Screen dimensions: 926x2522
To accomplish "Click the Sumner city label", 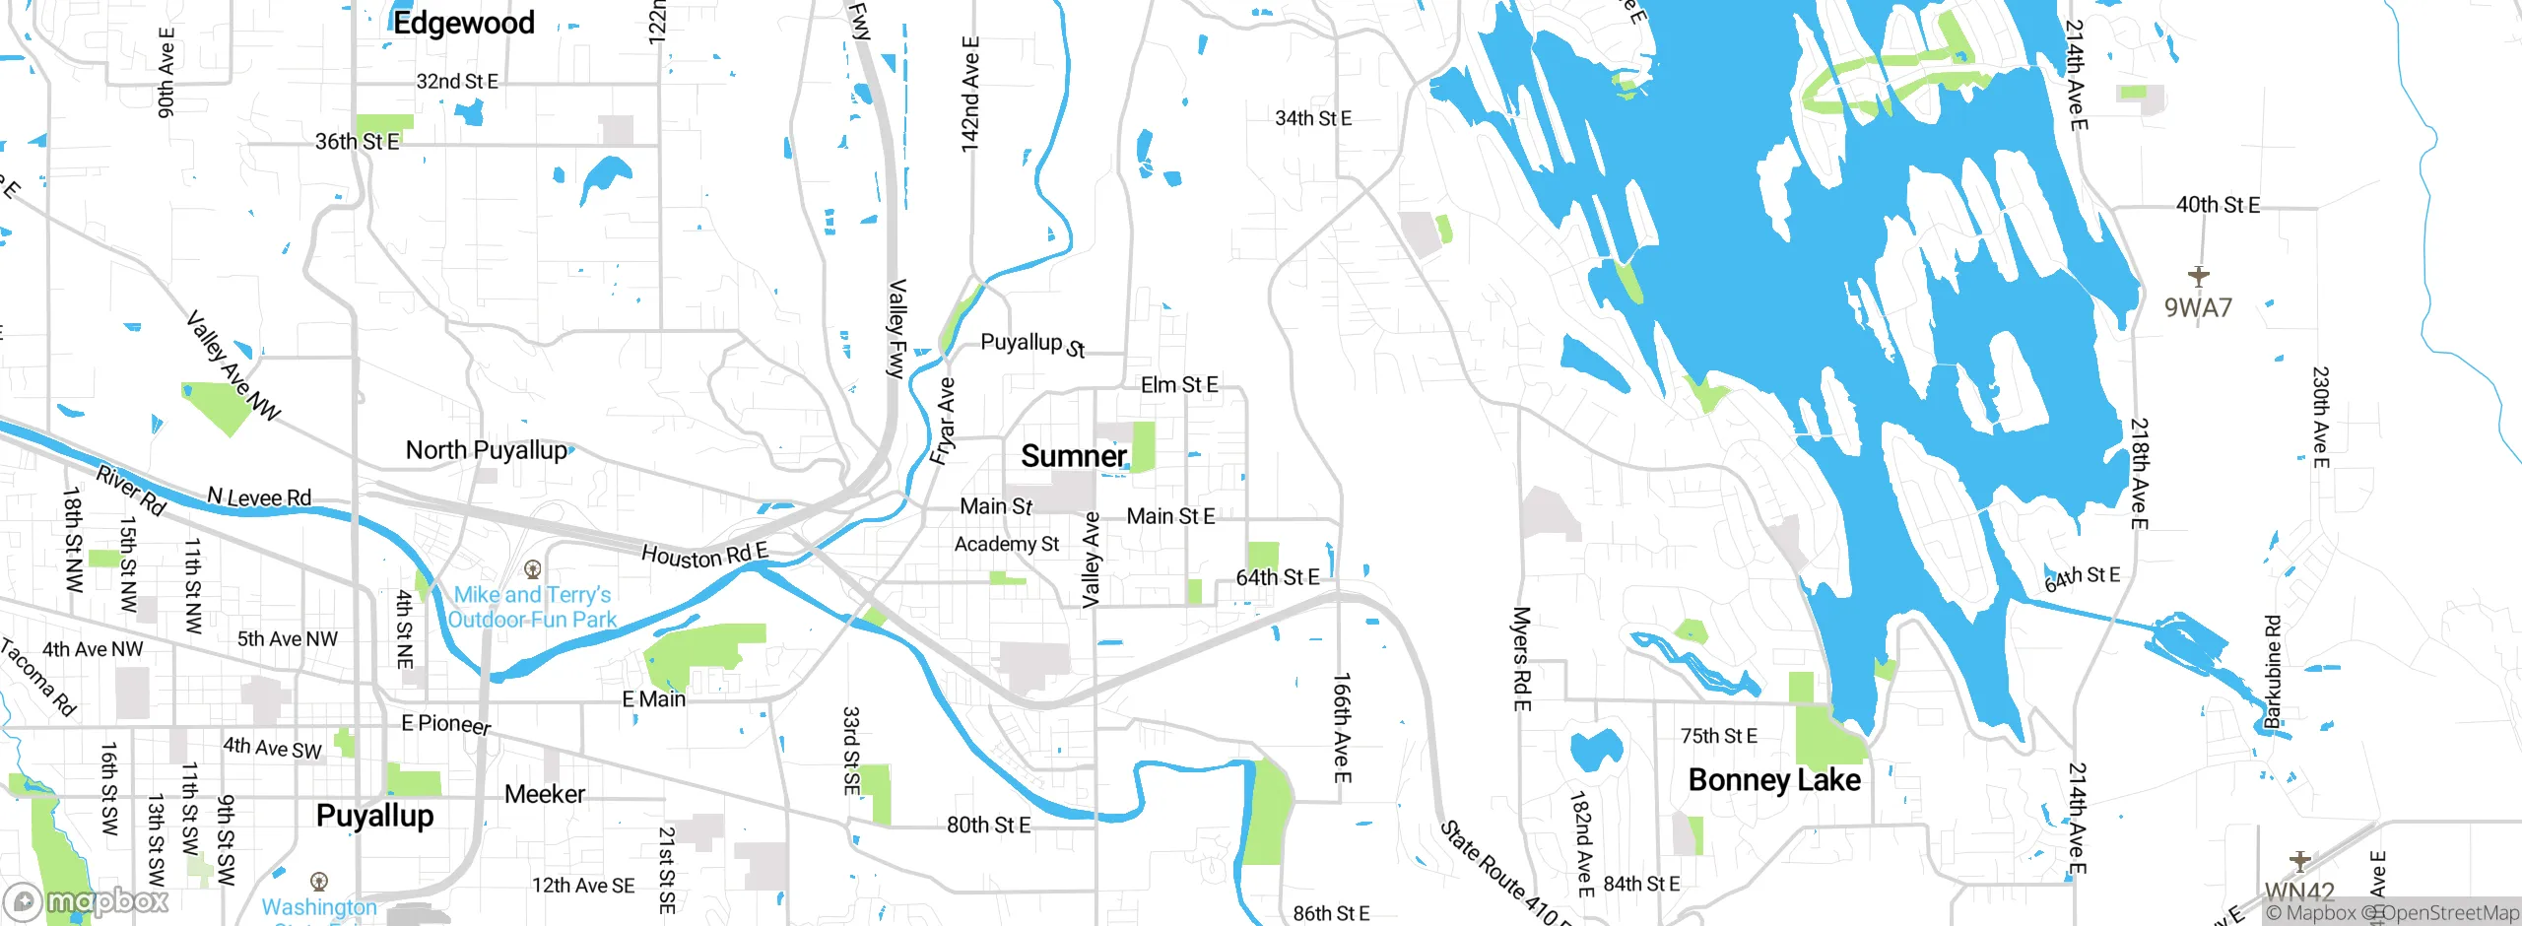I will (1073, 456).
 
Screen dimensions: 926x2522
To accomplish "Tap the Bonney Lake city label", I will (1774, 780).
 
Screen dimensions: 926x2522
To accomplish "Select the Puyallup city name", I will (374, 816).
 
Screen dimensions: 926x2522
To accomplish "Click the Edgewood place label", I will (463, 22).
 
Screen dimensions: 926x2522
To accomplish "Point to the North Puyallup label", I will (487, 450).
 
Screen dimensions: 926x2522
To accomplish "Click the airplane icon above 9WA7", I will (2198, 276).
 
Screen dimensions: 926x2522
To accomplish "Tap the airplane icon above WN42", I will (2299, 862).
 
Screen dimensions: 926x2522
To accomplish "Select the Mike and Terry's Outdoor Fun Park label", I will (532, 607).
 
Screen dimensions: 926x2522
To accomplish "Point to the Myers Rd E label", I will (1521, 658).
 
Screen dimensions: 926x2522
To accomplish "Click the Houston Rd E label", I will (703, 556).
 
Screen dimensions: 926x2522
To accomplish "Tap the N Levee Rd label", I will (259, 497).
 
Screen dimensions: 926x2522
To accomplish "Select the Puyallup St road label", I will (1031, 344).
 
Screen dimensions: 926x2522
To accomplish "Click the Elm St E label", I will (1179, 385).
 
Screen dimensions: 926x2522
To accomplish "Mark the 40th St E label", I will (2218, 205).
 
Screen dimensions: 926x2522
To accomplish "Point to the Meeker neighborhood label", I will (544, 794).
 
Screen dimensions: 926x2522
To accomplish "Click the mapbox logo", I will (87, 901).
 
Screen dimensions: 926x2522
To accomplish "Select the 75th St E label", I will (1718, 736).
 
